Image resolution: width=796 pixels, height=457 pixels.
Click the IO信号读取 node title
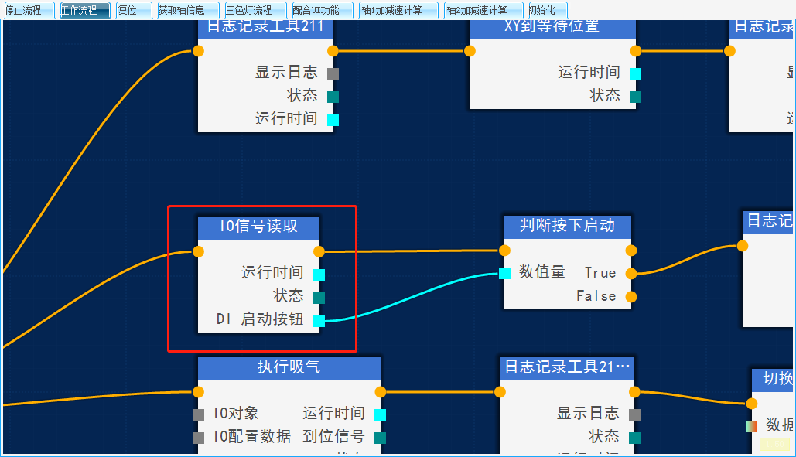click(258, 227)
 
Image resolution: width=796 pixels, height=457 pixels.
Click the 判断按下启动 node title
click(567, 226)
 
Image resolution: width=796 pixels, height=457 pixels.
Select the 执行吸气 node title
click(289, 367)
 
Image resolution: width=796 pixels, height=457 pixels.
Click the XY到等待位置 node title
click(552, 27)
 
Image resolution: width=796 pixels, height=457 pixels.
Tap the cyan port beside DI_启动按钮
click(319, 321)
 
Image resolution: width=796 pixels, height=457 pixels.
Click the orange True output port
click(631, 273)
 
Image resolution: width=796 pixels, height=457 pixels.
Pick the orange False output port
click(631, 296)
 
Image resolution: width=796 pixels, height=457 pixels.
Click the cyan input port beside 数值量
click(504, 273)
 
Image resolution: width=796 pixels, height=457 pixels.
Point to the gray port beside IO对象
click(199, 414)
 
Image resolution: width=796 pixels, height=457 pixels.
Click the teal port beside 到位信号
click(380, 438)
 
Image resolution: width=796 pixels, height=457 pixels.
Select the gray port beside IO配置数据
click(199, 438)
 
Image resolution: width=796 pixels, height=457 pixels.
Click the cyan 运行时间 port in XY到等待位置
click(635, 73)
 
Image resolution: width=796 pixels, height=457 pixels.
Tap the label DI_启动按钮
click(259, 319)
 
